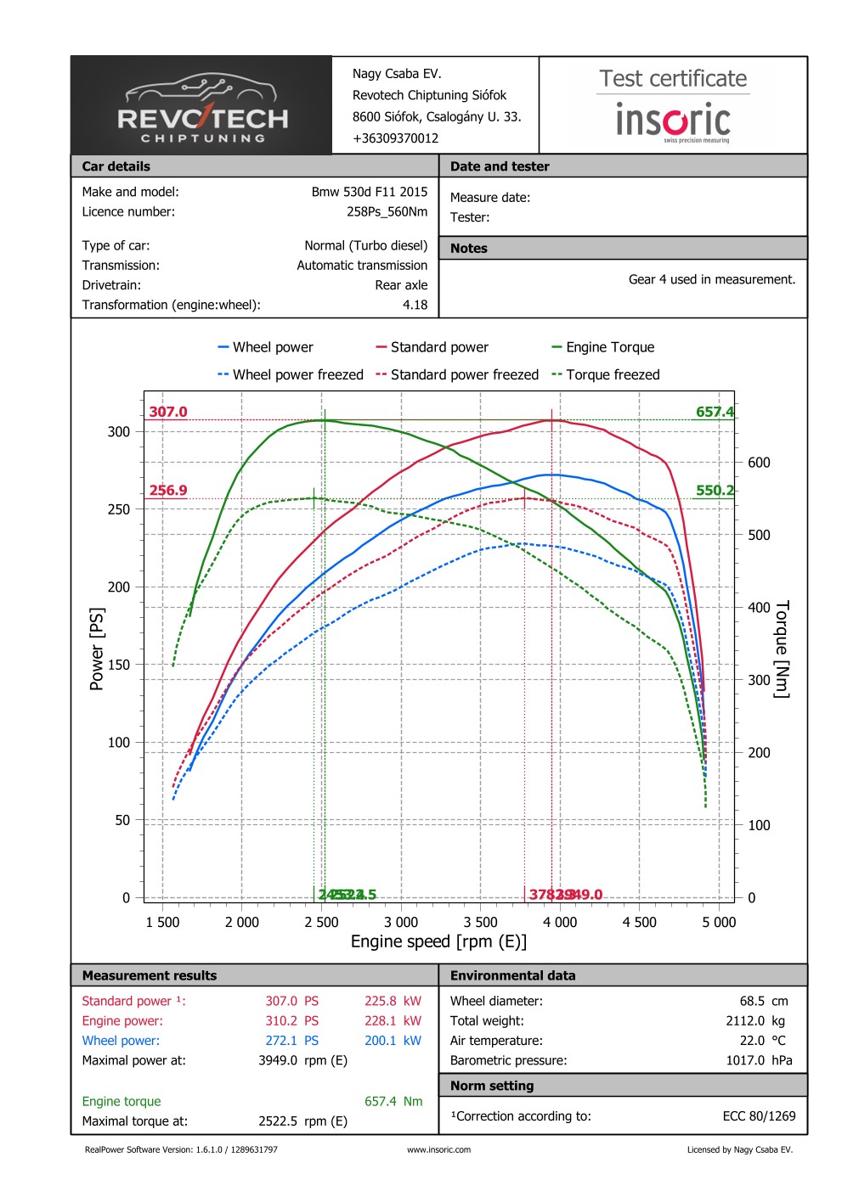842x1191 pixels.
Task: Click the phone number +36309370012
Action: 395,138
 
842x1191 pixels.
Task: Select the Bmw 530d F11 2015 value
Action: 369,192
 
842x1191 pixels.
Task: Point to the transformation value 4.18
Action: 415,305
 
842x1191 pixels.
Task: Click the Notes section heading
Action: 469,248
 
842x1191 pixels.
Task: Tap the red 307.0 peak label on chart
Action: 168,412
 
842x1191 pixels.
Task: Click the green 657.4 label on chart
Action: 715,412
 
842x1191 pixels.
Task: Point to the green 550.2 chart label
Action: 715,490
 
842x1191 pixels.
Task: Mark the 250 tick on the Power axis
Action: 119,509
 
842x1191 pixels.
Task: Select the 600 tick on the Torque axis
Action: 759,463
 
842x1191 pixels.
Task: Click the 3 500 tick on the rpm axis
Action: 481,922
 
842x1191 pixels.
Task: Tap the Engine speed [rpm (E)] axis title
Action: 438,941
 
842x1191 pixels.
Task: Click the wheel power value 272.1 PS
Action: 291,1041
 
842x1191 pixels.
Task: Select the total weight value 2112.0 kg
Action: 754,1021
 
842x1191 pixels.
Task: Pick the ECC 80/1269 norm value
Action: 759,1116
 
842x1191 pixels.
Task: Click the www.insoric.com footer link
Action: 438,1150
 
